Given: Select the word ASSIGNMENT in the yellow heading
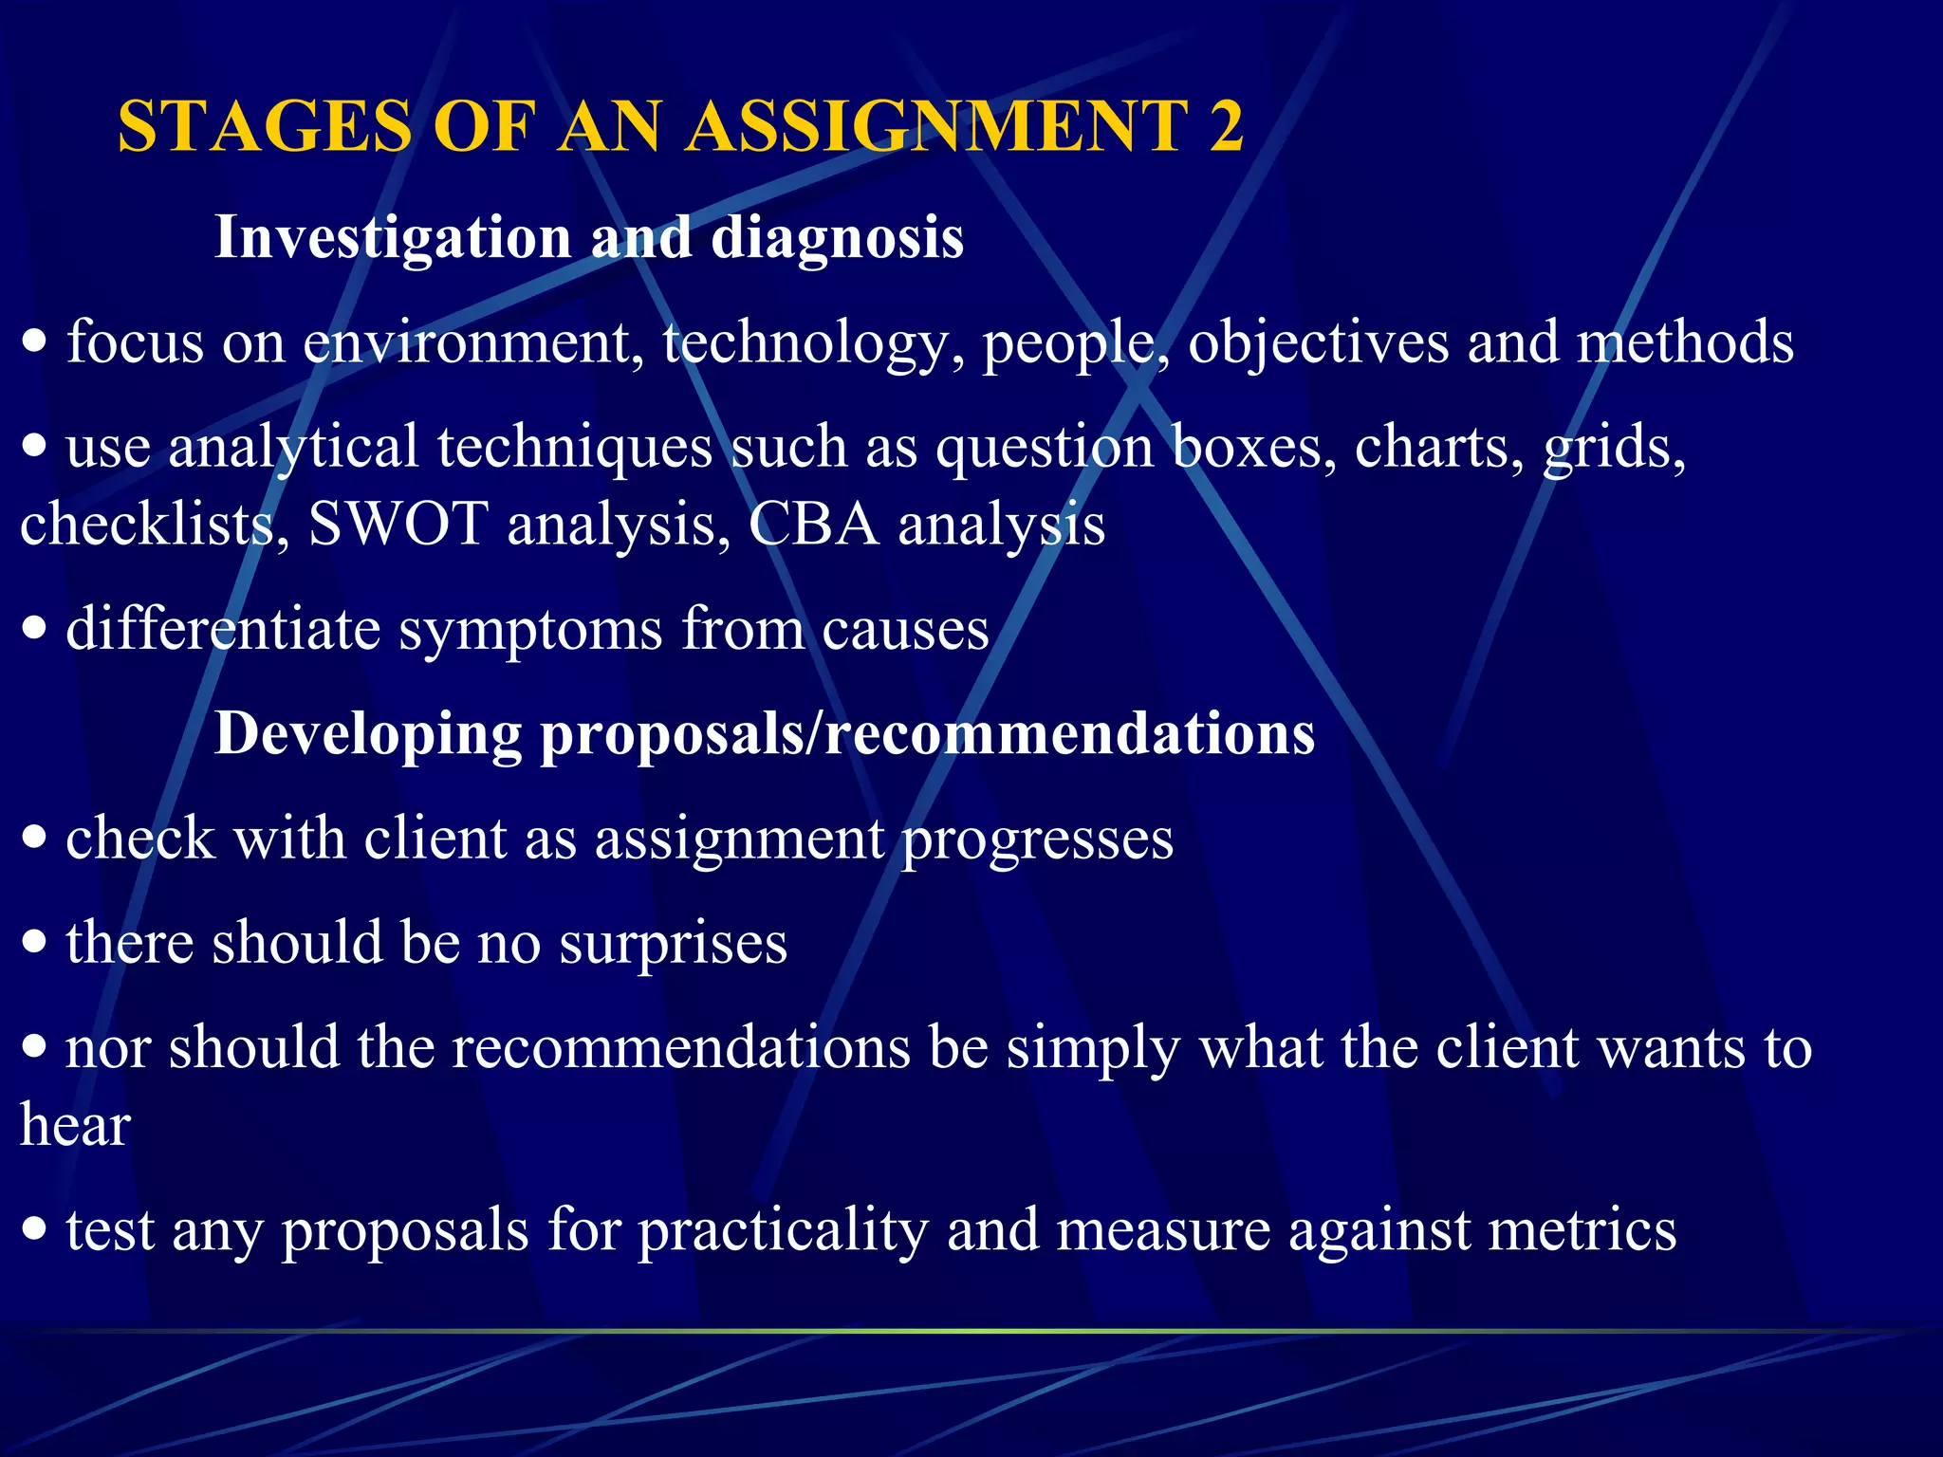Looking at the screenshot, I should point(935,127).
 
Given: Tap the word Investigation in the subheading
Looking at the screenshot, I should point(393,237).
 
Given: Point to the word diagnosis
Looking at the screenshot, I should point(838,237).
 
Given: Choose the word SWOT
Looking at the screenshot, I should point(398,525).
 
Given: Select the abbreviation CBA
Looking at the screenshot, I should point(813,525).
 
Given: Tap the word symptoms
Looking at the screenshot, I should point(529,630).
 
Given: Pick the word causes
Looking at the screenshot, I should point(905,630).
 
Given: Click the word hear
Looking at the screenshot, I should point(75,1126).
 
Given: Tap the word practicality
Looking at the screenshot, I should point(783,1231).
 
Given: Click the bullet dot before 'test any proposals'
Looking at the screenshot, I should point(35,1230).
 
